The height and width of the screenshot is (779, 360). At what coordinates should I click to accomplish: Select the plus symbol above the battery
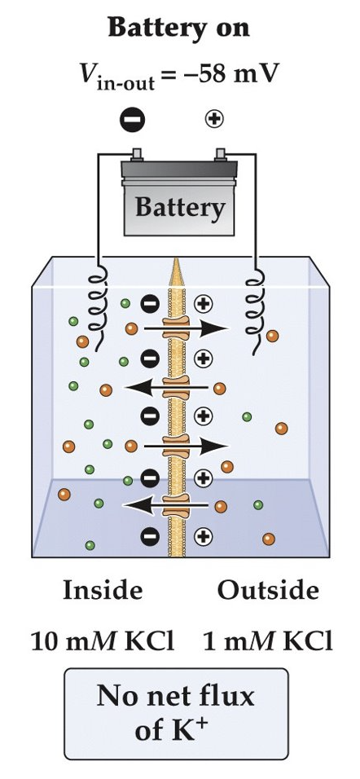(x=215, y=120)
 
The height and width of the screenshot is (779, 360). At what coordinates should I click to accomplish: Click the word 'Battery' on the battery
(x=178, y=208)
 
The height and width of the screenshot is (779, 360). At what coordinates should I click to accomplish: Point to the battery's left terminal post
(x=138, y=152)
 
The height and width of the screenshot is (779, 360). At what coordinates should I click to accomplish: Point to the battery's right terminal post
(x=219, y=152)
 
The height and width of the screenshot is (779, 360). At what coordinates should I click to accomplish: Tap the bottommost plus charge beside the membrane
(x=203, y=535)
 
